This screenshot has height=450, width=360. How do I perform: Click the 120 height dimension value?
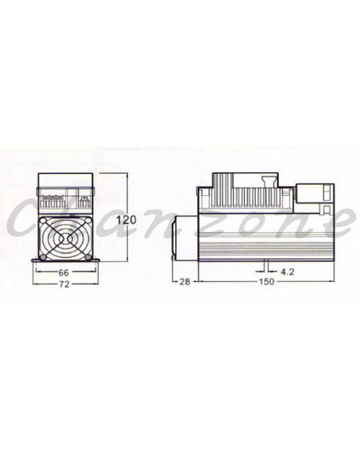tap(126, 220)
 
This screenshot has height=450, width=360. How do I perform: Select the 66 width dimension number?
tap(63, 271)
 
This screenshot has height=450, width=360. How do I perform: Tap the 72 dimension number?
tap(64, 284)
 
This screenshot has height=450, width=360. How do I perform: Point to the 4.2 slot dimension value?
tap(287, 271)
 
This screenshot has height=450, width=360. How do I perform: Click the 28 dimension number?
tap(185, 282)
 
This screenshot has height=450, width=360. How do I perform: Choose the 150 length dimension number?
tap(266, 282)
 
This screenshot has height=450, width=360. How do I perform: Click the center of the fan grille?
tap(66, 238)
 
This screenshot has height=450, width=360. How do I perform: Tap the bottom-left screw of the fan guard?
tap(43, 257)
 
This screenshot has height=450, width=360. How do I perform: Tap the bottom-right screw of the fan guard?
tap(88, 257)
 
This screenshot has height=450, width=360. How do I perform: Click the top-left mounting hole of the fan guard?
tap(43, 220)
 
